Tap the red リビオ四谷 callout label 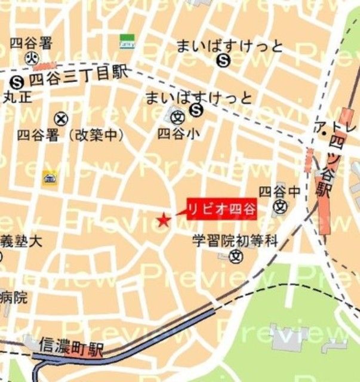[x=221, y=209]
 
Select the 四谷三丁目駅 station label [x=78, y=74]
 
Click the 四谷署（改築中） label [x=70, y=135]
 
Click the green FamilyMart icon [x=127, y=41]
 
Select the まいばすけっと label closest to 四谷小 [x=198, y=97]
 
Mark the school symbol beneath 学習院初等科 [x=237, y=257]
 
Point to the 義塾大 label [x=21, y=242]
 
